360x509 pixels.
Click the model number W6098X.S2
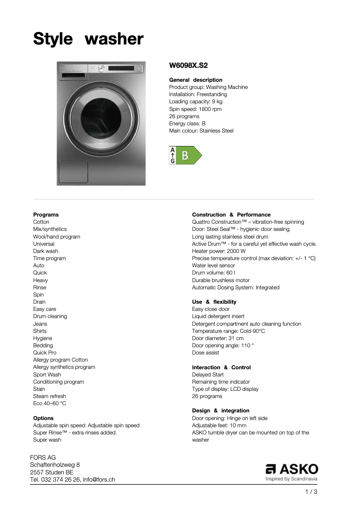(x=188, y=66)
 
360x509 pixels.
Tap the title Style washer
(x=88, y=39)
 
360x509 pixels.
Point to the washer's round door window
(x=101, y=119)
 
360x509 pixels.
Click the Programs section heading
(x=46, y=215)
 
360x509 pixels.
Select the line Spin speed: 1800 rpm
(x=195, y=109)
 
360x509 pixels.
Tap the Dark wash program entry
(x=45, y=251)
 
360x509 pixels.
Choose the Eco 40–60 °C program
(x=49, y=403)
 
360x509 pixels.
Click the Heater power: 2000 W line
(x=219, y=251)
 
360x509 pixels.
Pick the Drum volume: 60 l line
(x=213, y=273)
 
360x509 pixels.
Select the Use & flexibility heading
(x=214, y=302)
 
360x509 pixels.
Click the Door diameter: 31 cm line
(x=218, y=338)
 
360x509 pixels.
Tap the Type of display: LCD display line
(x=225, y=389)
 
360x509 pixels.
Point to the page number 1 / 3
(x=311, y=492)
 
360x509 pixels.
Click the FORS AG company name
(x=43, y=457)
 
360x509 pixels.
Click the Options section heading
(x=43, y=418)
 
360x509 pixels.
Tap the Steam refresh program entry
(x=49, y=396)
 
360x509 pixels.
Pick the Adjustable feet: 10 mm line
(x=219, y=425)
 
